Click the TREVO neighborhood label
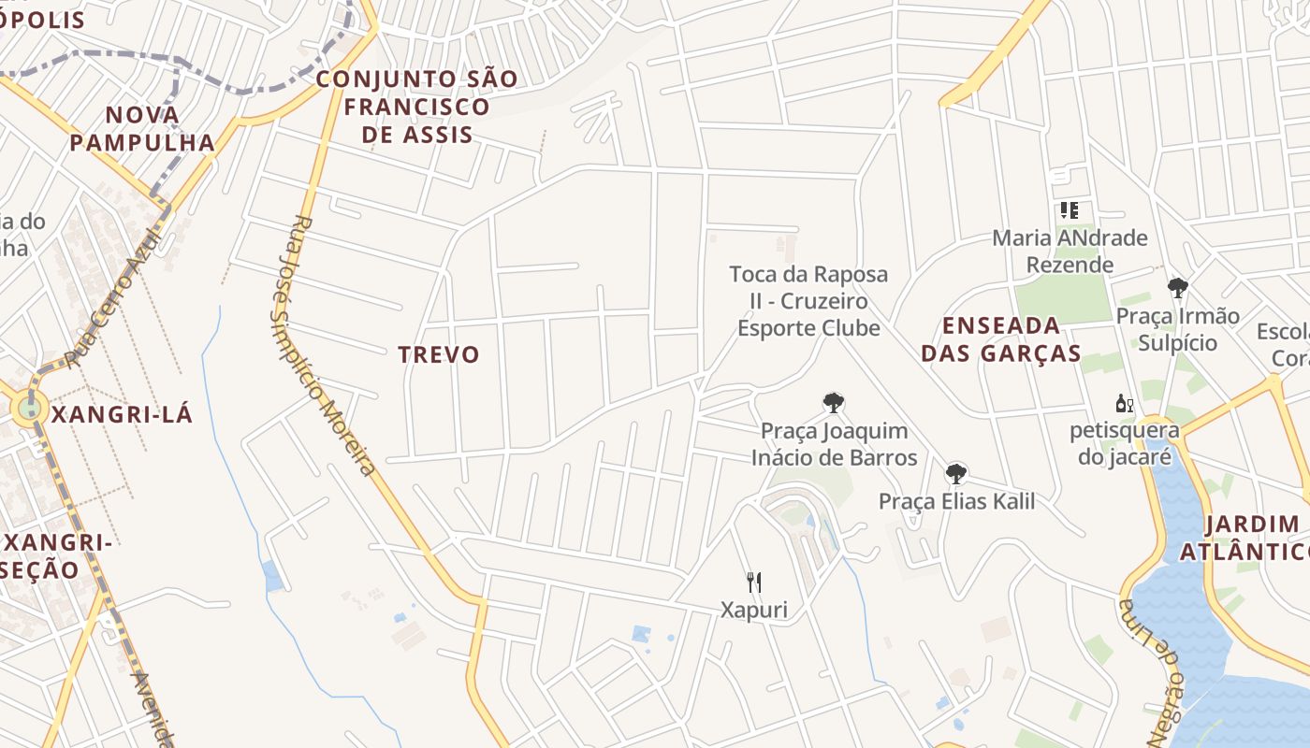pyautogui.click(x=438, y=354)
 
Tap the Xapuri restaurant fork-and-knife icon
pyautogui.click(x=754, y=583)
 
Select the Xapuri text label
pyautogui.click(x=754, y=611)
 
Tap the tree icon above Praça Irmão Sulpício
pyautogui.click(x=1177, y=288)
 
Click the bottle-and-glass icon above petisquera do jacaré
pyautogui.click(x=1124, y=405)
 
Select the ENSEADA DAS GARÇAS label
pyautogui.click(x=1001, y=339)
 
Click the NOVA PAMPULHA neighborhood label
pyautogui.click(x=142, y=129)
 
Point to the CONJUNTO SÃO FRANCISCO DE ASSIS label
pyautogui.click(x=416, y=107)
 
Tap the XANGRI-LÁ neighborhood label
pyautogui.click(x=122, y=414)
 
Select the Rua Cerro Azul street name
pyautogui.click(x=114, y=297)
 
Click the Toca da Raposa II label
pyautogui.click(x=808, y=301)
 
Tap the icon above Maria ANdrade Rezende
pyautogui.click(x=1069, y=210)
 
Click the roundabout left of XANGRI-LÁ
pyautogui.click(x=30, y=408)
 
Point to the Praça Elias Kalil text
pyautogui.click(x=956, y=501)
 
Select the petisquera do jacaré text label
pyautogui.click(x=1124, y=444)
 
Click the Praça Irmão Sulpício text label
pyautogui.click(x=1177, y=329)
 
